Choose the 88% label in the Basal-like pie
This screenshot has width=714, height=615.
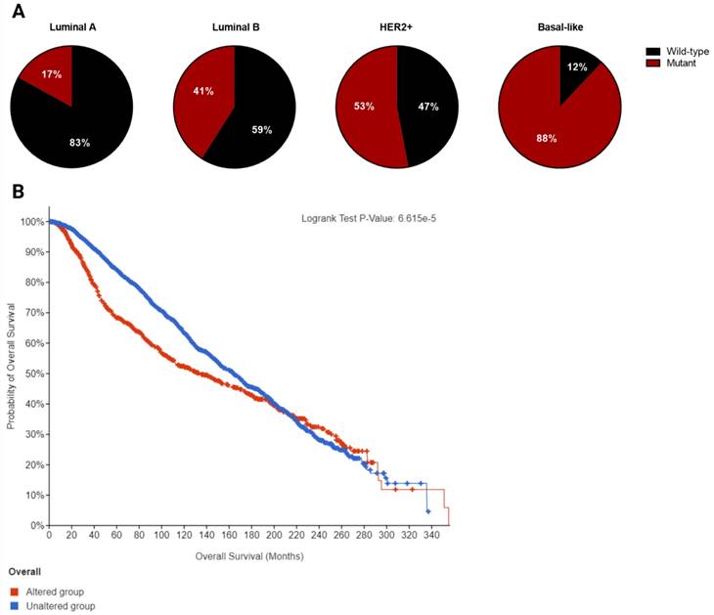click(547, 138)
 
